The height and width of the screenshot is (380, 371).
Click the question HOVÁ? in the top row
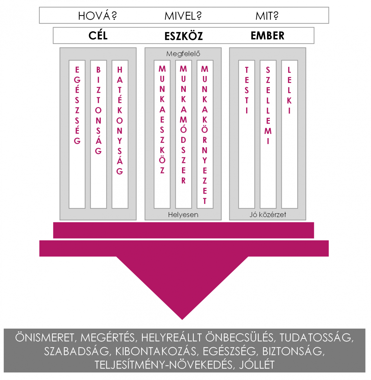[x=97, y=16]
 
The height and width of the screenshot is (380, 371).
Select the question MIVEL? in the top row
[x=183, y=16]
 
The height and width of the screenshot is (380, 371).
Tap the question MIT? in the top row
[x=267, y=16]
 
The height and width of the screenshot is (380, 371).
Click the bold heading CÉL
[x=98, y=35]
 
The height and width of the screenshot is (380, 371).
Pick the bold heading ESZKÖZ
[x=184, y=36]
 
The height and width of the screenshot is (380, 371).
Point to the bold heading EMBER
[x=267, y=36]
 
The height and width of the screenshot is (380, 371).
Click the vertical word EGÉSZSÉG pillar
[x=77, y=105]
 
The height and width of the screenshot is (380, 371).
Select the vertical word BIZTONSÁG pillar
[x=98, y=110]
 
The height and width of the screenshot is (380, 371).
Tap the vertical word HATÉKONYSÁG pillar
[x=120, y=120]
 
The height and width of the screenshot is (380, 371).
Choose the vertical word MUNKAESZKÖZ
[x=162, y=120]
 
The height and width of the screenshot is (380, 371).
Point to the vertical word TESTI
[x=247, y=90]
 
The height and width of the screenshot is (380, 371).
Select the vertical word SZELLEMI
[x=268, y=105]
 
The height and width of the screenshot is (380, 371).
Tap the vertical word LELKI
[x=289, y=90]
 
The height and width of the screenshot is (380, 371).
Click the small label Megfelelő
[x=183, y=54]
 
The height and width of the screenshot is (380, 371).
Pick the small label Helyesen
[x=183, y=215]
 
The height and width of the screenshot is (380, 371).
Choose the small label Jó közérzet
[x=268, y=215]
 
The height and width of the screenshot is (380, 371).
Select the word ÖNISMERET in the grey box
[x=44, y=338]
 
